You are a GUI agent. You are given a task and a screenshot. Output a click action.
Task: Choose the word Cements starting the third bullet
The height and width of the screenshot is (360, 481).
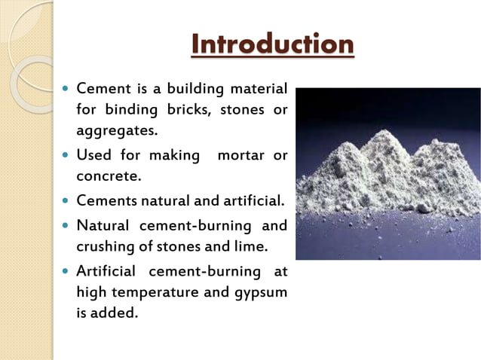[107, 201]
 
